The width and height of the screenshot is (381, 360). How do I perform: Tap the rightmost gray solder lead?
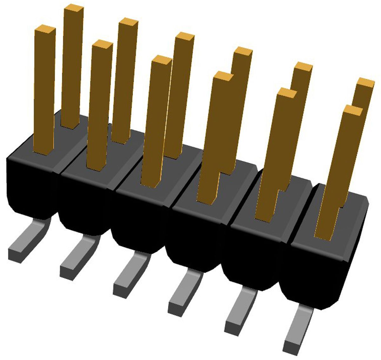[x=298, y=330]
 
